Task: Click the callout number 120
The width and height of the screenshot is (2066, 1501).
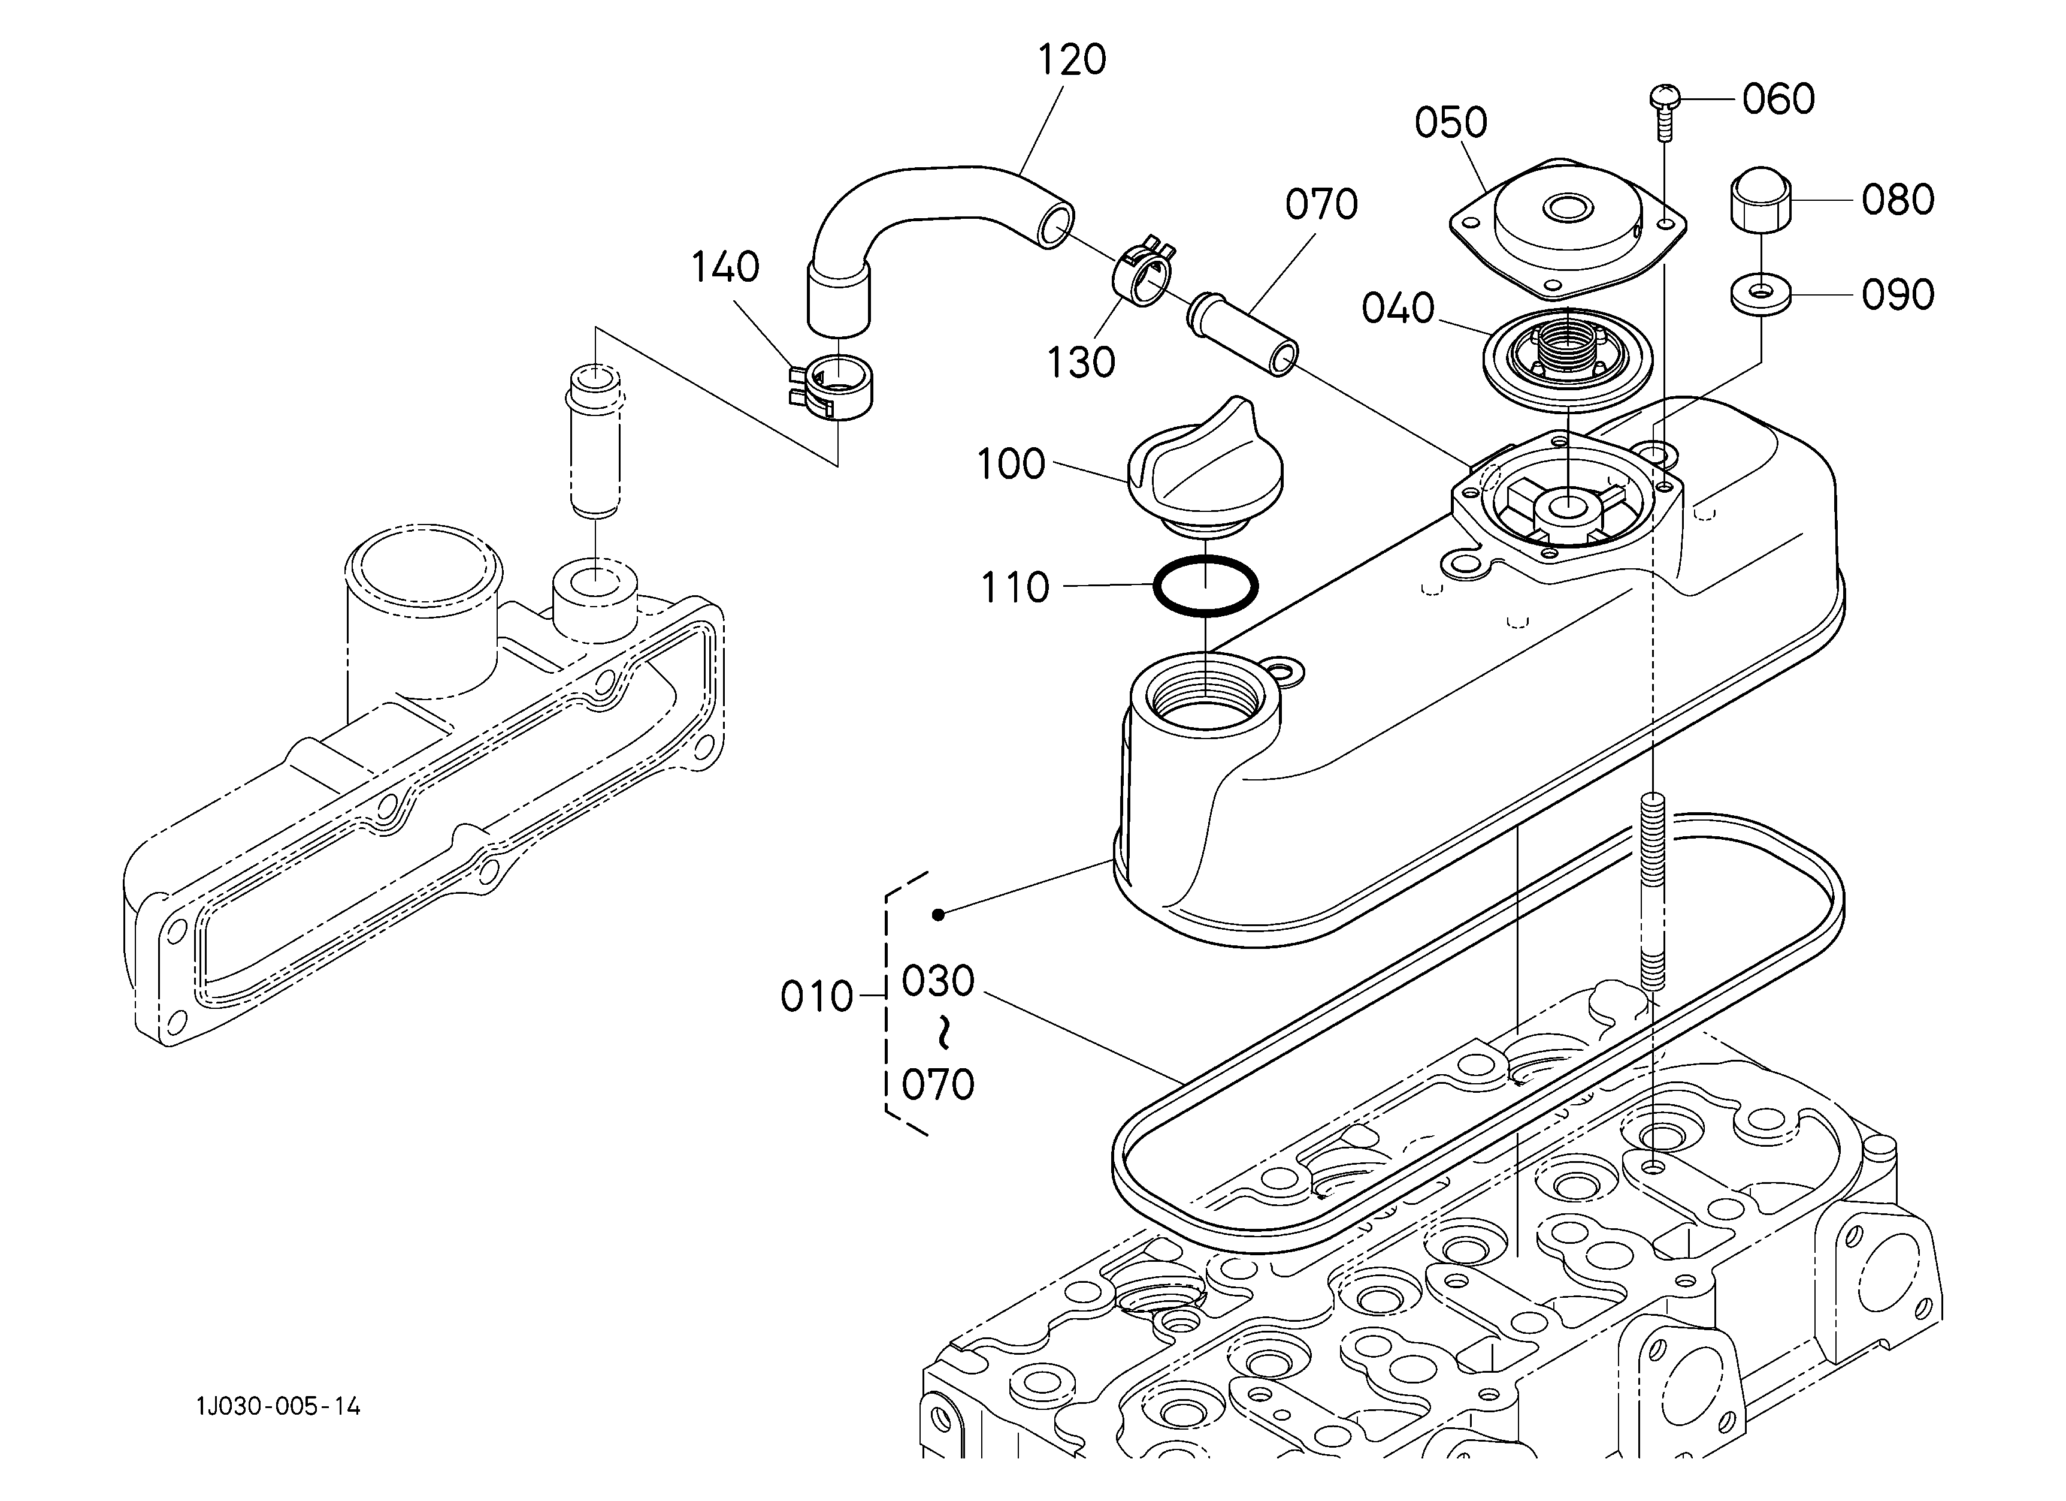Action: tap(1072, 60)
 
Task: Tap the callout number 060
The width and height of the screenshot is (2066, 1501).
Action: tap(1778, 100)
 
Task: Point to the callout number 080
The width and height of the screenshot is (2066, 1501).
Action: tap(1898, 200)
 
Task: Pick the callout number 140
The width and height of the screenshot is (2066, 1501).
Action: tap(725, 268)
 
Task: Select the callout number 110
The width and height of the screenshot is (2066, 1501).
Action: tap(1015, 589)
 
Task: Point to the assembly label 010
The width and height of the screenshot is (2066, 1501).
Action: tap(817, 998)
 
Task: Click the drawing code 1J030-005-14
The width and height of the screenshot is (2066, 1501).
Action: tap(279, 1407)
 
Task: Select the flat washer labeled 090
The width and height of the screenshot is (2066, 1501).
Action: tap(1761, 296)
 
